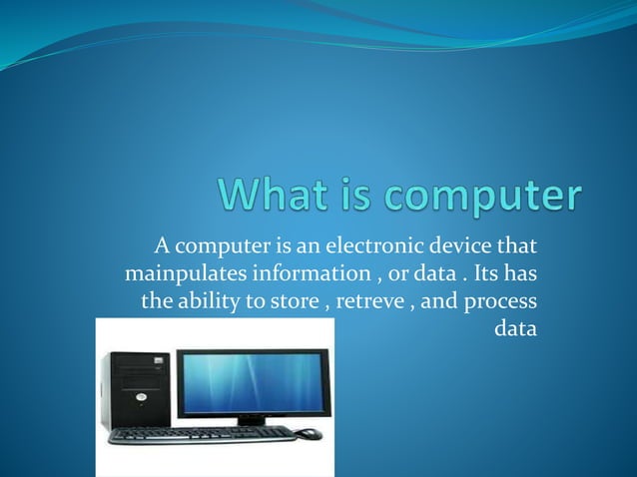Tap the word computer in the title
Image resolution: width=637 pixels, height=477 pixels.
pyautogui.click(x=481, y=197)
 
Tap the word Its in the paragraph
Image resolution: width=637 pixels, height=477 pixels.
pyautogui.click(x=490, y=271)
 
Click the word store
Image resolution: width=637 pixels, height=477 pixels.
pyautogui.click(x=292, y=299)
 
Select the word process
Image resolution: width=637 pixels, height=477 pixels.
pyautogui.click(x=502, y=300)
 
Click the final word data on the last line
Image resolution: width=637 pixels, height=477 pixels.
pyautogui.click(x=516, y=327)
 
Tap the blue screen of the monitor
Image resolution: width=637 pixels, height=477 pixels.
pyautogui.click(x=253, y=382)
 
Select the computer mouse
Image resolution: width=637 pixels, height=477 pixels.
pyautogui.click(x=310, y=434)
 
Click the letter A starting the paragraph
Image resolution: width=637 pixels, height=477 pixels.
pyautogui.click(x=160, y=244)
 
